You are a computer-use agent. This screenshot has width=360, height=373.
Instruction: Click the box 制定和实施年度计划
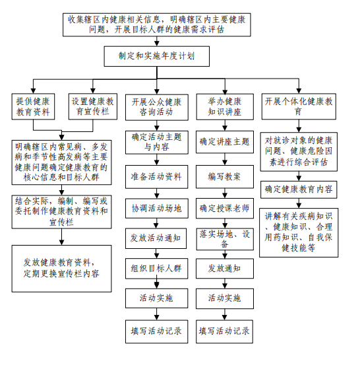(x=157, y=56)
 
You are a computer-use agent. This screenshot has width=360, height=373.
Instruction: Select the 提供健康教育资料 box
(x=33, y=106)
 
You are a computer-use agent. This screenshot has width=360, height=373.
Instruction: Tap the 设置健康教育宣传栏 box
(x=93, y=106)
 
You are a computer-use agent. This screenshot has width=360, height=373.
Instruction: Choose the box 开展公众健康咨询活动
(x=157, y=107)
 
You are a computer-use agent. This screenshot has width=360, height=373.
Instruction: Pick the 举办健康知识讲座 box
(x=225, y=106)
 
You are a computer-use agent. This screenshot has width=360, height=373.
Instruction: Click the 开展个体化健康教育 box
(x=299, y=106)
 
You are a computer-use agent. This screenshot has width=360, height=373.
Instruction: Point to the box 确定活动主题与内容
(x=157, y=142)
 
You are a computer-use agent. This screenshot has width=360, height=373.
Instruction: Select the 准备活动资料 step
(x=157, y=177)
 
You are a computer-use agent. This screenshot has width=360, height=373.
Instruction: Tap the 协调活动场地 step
(x=157, y=209)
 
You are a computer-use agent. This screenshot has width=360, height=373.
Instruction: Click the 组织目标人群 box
(x=157, y=269)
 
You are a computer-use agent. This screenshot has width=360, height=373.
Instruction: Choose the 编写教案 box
(x=225, y=177)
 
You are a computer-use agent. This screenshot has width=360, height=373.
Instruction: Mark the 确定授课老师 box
(x=225, y=209)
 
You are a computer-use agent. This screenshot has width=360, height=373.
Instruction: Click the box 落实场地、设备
(x=225, y=239)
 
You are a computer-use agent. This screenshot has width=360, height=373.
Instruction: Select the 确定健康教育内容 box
(x=299, y=189)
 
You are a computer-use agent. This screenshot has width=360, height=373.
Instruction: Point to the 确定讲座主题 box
(x=225, y=142)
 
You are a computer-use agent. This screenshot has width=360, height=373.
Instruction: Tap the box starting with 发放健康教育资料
(x=61, y=269)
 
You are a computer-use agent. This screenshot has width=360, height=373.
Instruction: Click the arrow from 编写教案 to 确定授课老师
(x=225, y=193)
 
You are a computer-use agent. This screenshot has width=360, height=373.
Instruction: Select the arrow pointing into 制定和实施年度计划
(x=157, y=41)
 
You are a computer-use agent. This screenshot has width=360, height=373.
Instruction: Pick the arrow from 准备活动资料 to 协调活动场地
(x=157, y=193)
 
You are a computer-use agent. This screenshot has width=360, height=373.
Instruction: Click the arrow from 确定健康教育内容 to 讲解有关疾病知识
(x=299, y=203)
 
